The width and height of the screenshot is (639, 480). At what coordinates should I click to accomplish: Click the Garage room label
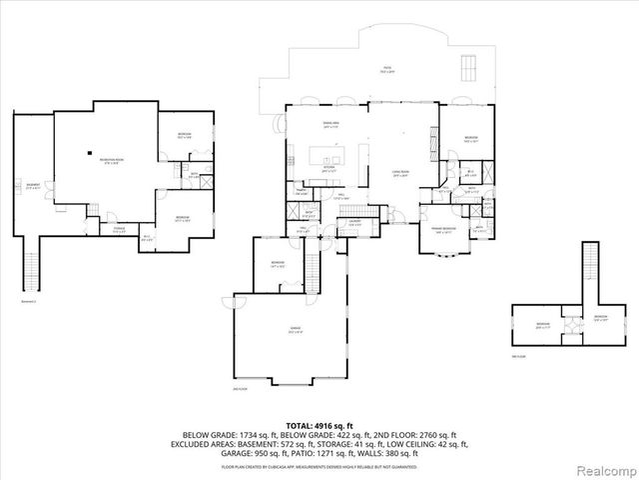point(296,329)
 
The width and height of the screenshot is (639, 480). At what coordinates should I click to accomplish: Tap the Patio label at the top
point(385,69)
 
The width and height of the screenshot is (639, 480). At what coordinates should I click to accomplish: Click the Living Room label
point(400,173)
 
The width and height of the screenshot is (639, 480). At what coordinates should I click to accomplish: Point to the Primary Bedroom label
point(444,230)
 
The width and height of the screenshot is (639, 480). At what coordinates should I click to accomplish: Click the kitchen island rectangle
point(329,155)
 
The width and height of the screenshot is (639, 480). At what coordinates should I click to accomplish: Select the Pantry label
point(300,191)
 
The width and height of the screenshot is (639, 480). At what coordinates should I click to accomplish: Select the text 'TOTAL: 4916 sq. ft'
point(319,425)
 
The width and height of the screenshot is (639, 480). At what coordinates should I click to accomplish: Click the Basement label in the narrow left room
point(34,185)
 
